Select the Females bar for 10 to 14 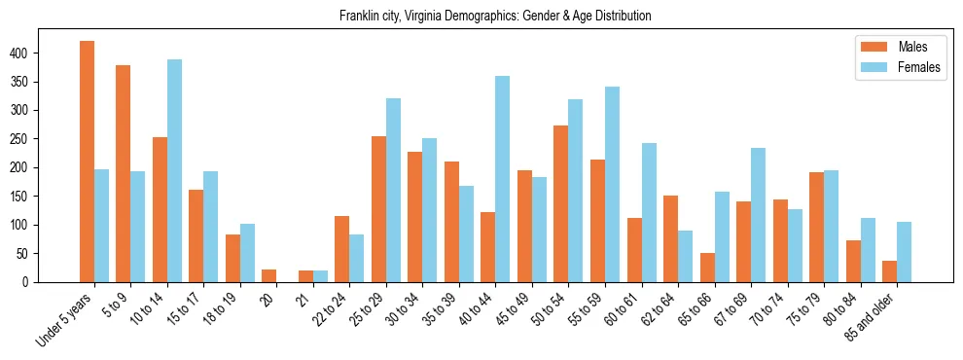pos(174,171)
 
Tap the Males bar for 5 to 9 pos(124,174)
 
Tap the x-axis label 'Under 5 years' pos(65,318)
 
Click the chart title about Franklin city pos(495,17)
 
